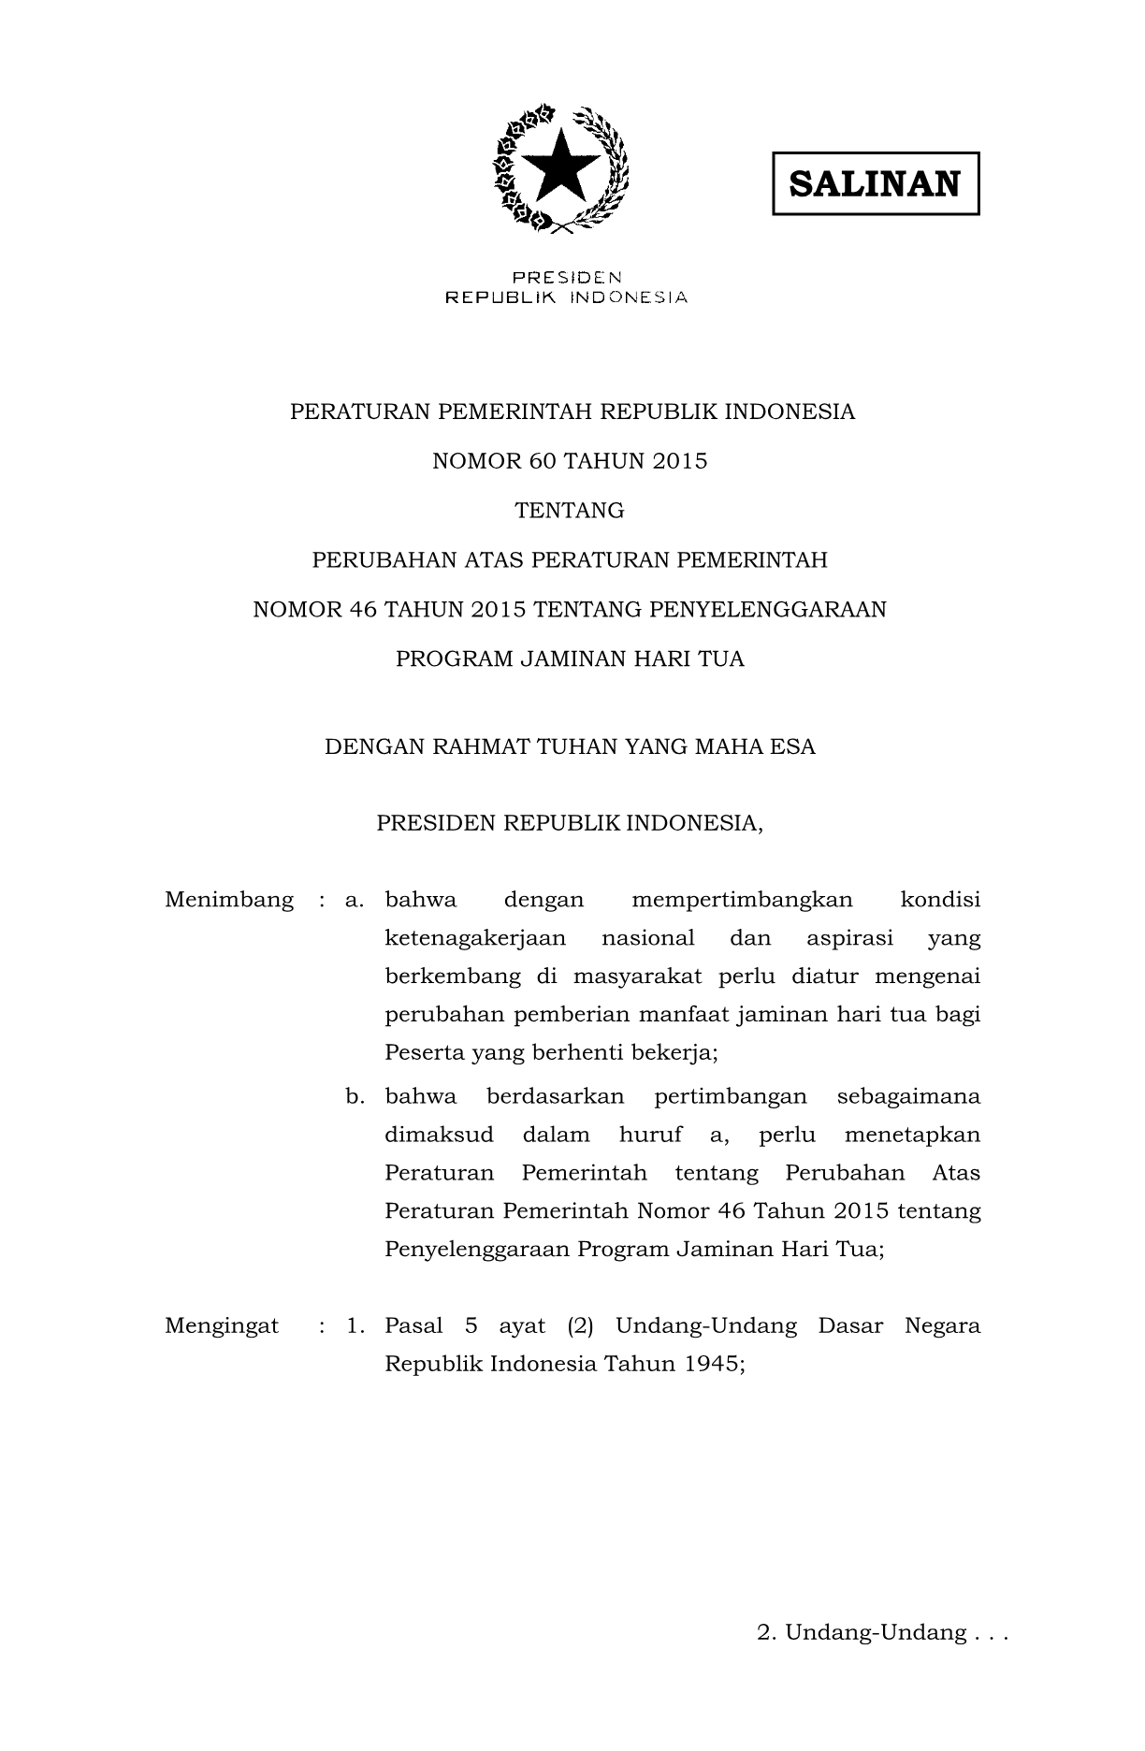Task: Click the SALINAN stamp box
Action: pos(875,183)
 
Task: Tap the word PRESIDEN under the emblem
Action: pos(566,277)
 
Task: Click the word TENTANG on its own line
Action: pos(570,511)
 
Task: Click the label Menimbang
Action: pos(229,900)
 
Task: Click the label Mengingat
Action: pos(222,1325)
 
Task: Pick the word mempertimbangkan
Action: pos(742,900)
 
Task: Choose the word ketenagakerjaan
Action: pos(476,938)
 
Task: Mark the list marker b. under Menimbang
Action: pos(355,1096)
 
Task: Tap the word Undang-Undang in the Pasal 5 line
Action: pos(706,1325)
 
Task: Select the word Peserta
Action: pos(424,1053)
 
